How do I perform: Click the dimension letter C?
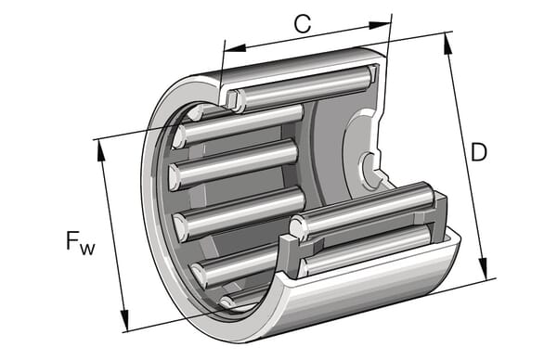303,24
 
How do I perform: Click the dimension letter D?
478,152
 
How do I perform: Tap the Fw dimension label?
80,242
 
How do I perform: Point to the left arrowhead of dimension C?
235,48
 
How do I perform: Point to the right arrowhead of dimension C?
380,25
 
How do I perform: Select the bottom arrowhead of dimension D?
484,267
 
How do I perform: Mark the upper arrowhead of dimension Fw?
100,151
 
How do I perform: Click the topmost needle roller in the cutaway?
305,88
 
